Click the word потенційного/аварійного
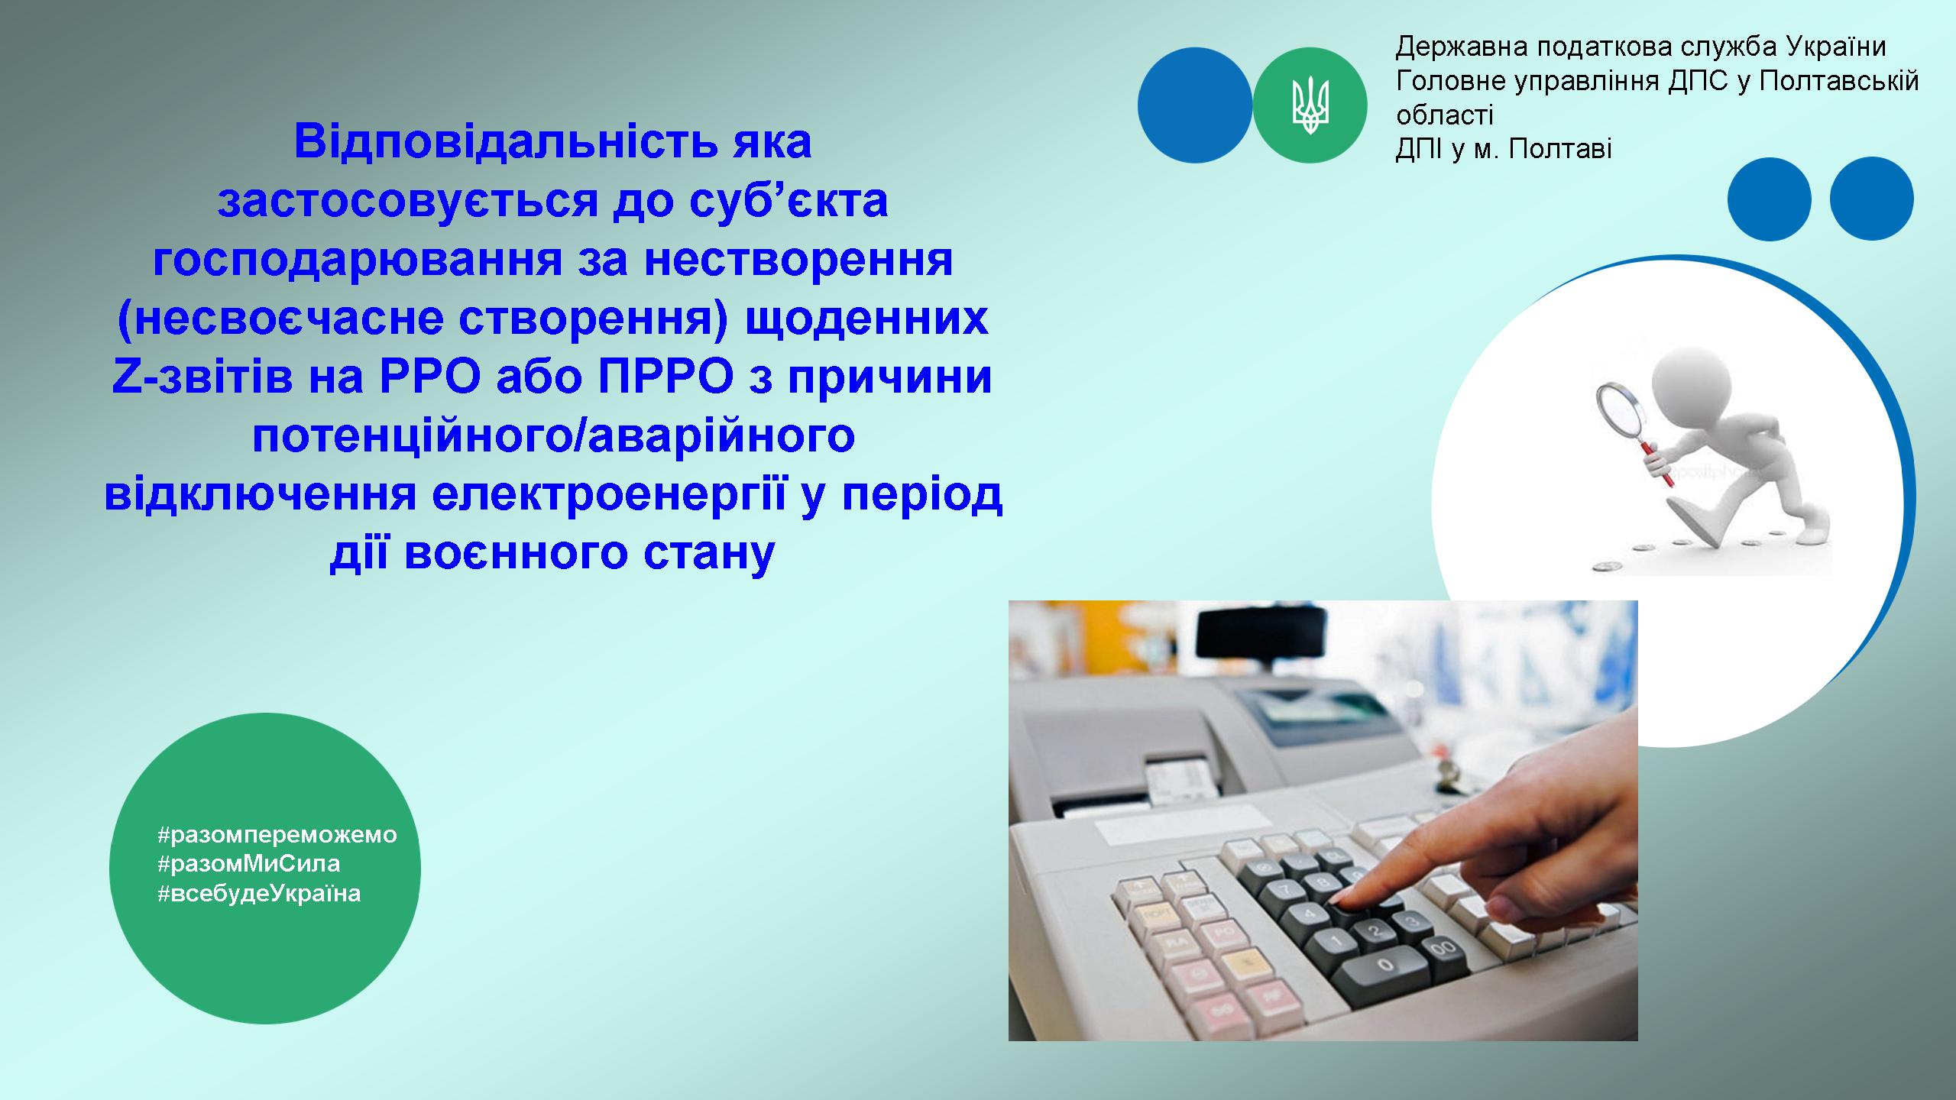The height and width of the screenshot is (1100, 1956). pyautogui.click(x=554, y=436)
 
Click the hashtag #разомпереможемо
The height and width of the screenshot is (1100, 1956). pyautogui.click(x=277, y=834)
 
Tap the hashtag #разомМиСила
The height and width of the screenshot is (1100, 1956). pyautogui.click(x=249, y=863)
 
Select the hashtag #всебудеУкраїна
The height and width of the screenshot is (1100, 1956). pyautogui.click(x=259, y=893)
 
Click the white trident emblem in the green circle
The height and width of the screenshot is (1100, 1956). pyautogui.click(x=1310, y=105)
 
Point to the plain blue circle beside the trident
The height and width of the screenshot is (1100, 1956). pyautogui.click(x=1195, y=105)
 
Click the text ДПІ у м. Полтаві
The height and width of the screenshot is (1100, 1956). pyautogui.click(x=1504, y=149)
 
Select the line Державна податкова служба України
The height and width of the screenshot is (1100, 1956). pyautogui.click(x=1640, y=47)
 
